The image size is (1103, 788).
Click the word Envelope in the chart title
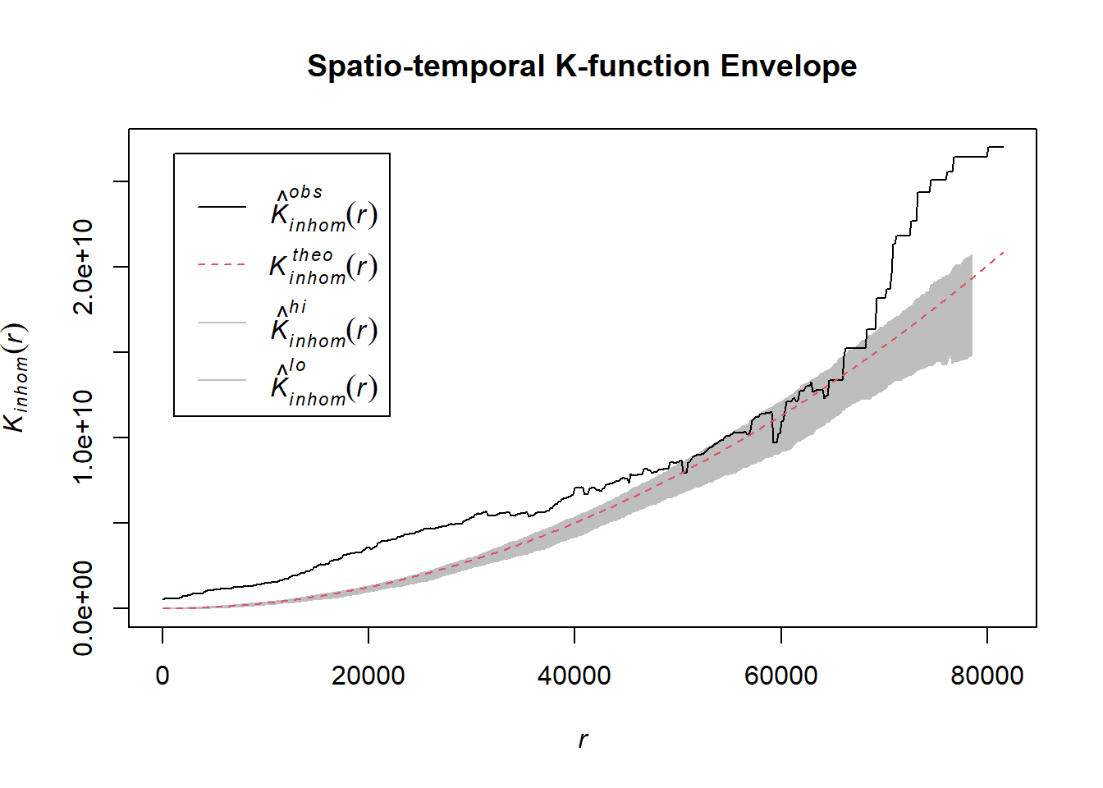click(788, 66)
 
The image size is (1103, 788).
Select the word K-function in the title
click(632, 66)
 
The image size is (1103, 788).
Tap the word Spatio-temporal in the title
click(426, 66)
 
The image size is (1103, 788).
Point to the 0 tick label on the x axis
click(162, 676)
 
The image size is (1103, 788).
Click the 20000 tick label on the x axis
click(368, 676)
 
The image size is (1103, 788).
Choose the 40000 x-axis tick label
click(574, 676)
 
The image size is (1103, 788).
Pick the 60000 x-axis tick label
click(780, 676)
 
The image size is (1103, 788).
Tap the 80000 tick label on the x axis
click(986, 676)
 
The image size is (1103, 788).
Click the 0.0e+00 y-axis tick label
click(84, 608)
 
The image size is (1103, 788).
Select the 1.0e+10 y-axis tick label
click(84, 437)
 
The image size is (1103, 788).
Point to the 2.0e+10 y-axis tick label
click(84, 266)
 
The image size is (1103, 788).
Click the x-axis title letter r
click(583, 740)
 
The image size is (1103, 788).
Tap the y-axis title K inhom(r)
click(16, 378)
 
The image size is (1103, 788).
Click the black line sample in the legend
click(222, 207)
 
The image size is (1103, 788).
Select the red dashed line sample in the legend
click(222, 265)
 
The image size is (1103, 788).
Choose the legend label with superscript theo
click(323, 266)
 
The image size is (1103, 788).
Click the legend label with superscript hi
click(323, 324)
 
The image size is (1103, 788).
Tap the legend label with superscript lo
click(323, 383)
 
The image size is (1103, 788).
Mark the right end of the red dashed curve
click(1003, 253)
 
